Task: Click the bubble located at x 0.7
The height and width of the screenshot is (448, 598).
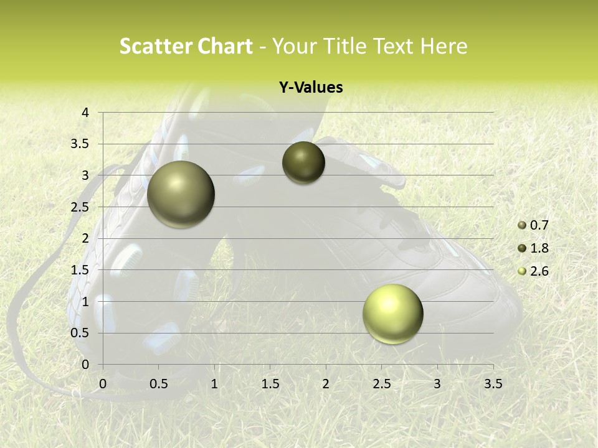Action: [x=181, y=194]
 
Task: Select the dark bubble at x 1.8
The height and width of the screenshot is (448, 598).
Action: [x=303, y=162]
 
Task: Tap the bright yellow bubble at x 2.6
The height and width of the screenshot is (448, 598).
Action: [x=392, y=314]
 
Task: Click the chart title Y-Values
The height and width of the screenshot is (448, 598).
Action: [x=310, y=88]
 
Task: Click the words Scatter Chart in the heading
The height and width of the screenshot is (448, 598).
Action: [x=186, y=46]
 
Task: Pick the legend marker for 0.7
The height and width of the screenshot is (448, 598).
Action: [x=522, y=225]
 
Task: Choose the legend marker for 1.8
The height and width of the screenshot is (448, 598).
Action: [x=522, y=248]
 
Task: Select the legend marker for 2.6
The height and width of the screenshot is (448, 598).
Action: [x=522, y=271]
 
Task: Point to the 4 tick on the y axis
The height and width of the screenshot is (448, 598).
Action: [x=85, y=113]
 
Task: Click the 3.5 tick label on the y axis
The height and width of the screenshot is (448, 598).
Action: [x=80, y=144]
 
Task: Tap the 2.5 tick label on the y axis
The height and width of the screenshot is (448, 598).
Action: [x=80, y=207]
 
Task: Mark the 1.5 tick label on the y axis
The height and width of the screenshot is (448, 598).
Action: [x=80, y=270]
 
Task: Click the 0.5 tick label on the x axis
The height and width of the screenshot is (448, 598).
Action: [x=158, y=384]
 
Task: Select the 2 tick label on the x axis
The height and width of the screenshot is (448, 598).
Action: [x=326, y=384]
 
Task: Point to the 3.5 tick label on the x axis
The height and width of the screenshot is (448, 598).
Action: [x=493, y=384]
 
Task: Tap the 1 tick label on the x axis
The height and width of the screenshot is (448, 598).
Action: [x=214, y=384]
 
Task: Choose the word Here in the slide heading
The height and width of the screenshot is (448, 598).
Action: [x=444, y=46]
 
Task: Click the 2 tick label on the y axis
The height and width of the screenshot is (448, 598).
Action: [x=85, y=238]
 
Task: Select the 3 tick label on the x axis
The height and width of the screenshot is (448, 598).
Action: [x=437, y=384]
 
